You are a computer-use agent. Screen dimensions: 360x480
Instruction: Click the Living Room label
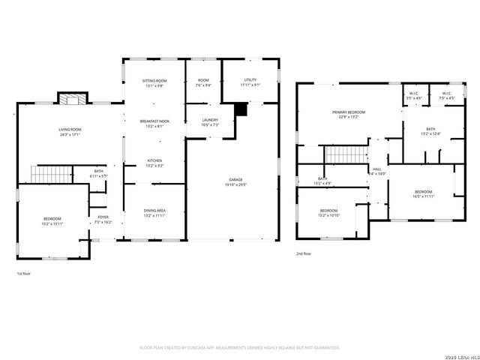tap(70, 132)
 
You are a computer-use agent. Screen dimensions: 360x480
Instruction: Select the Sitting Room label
tap(154, 82)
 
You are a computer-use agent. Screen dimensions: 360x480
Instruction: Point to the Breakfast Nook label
tap(154, 124)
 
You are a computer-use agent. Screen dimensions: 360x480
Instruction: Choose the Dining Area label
tap(154, 214)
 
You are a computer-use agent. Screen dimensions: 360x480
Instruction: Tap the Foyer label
tap(103, 220)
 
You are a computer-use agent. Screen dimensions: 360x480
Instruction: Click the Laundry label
tap(210, 122)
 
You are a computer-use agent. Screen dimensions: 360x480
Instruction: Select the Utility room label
tap(251, 82)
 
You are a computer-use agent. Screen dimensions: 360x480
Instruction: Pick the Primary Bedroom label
tap(348, 114)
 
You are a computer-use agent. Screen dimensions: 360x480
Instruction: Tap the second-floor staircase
tap(342, 155)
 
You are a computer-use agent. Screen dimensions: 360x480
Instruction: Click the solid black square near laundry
tap(240, 109)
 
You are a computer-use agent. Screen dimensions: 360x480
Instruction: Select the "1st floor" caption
tap(24, 274)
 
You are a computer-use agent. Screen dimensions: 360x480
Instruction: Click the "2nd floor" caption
tap(304, 254)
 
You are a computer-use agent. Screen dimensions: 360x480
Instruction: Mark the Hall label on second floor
tap(376, 172)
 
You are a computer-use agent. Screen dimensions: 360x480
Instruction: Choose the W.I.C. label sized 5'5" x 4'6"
tap(413, 96)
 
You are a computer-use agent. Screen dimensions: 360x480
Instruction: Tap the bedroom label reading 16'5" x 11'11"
tap(424, 194)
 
